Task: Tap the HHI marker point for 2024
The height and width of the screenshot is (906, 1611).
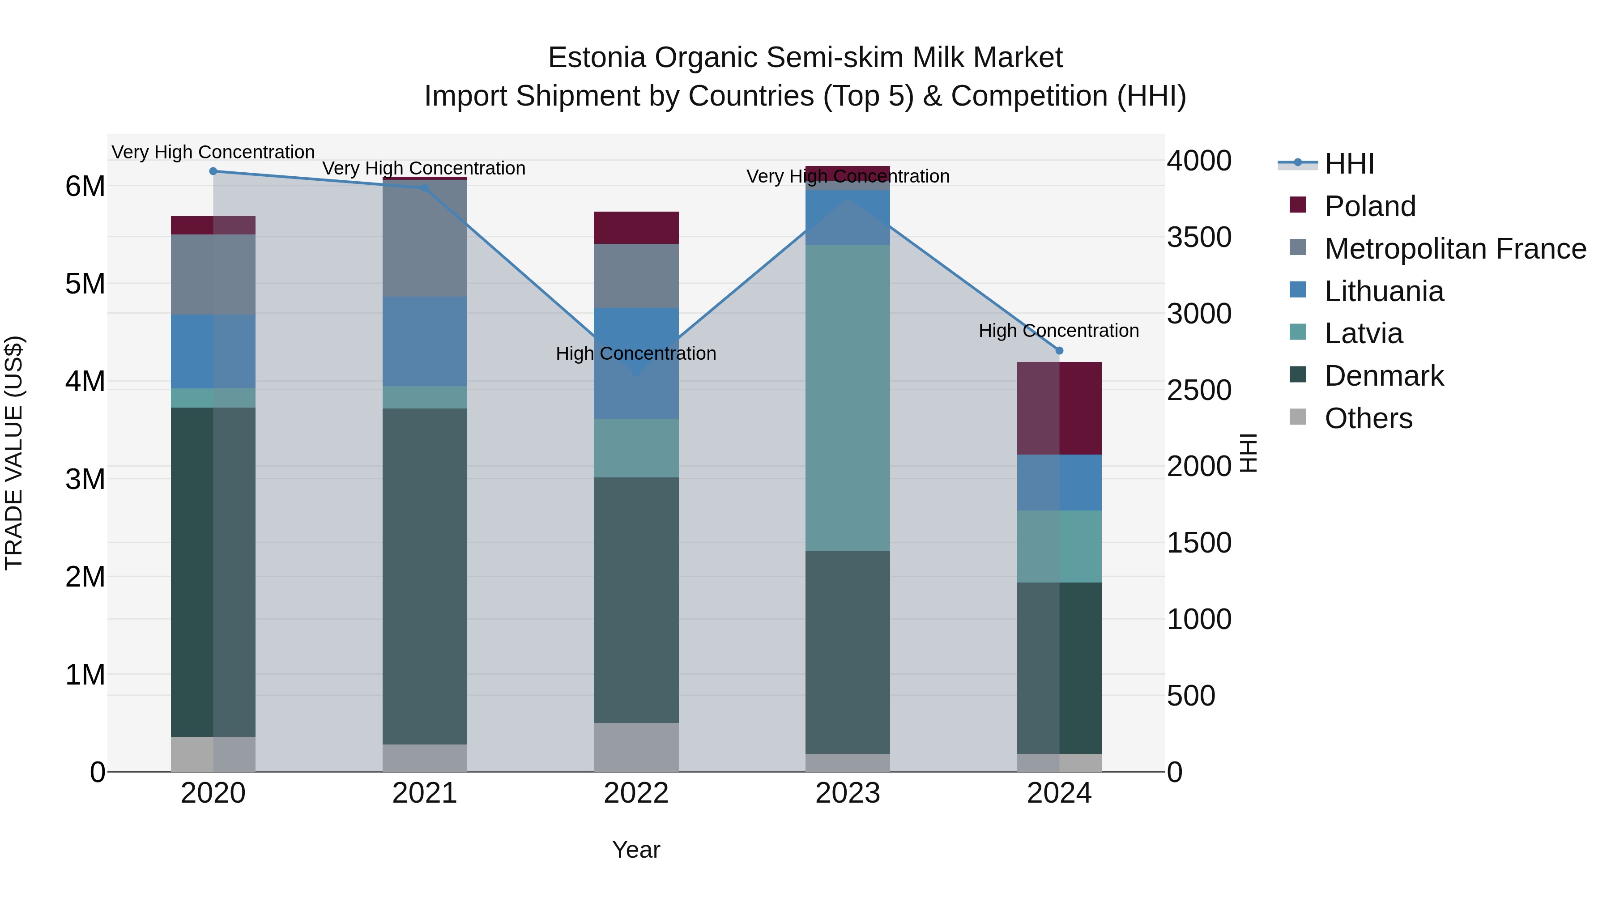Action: (x=1059, y=350)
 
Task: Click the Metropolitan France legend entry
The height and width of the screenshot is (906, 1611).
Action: (x=1455, y=249)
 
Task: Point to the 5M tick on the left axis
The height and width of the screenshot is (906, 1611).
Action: (x=85, y=284)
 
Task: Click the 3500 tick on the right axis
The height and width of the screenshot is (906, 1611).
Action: (x=1198, y=238)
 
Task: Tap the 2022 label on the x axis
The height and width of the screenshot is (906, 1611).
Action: (x=636, y=793)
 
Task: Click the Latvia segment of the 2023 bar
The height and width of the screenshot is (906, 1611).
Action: (x=848, y=398)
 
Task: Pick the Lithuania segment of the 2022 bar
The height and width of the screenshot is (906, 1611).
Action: (x=636, y=363)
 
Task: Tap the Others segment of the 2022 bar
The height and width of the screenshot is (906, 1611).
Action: (x=636, y=747)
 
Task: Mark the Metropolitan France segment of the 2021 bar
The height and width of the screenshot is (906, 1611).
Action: (x=425, y=238)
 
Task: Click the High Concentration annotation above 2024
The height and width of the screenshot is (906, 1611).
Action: (x=1058, y=330)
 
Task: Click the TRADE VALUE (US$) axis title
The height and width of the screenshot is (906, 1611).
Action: (x=14, y=453)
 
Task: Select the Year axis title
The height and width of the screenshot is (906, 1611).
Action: (x=636, y=850)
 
